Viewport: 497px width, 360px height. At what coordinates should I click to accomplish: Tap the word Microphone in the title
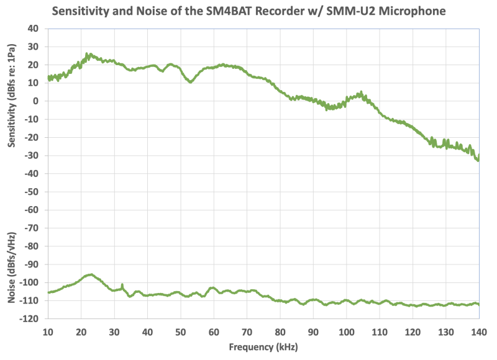tap(410, 11)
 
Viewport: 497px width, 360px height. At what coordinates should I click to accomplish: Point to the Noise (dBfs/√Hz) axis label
tap(12, 267)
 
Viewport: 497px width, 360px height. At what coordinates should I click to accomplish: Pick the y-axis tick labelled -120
tap(30, 318)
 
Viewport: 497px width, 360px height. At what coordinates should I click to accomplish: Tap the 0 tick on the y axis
tap(37, 101)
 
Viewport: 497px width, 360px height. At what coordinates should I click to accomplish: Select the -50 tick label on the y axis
tap(32, 192)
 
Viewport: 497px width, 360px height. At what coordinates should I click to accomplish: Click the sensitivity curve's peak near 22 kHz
tap(88, 54)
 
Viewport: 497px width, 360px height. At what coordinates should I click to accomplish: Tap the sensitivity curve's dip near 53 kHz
tap(191, 81)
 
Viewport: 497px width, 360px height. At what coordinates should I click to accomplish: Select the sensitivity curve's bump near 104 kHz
tap(361, 93)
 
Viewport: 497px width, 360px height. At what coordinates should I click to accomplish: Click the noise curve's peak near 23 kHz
tap(91, 274)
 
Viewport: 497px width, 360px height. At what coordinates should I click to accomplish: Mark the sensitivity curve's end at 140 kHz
tap(478, 159)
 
